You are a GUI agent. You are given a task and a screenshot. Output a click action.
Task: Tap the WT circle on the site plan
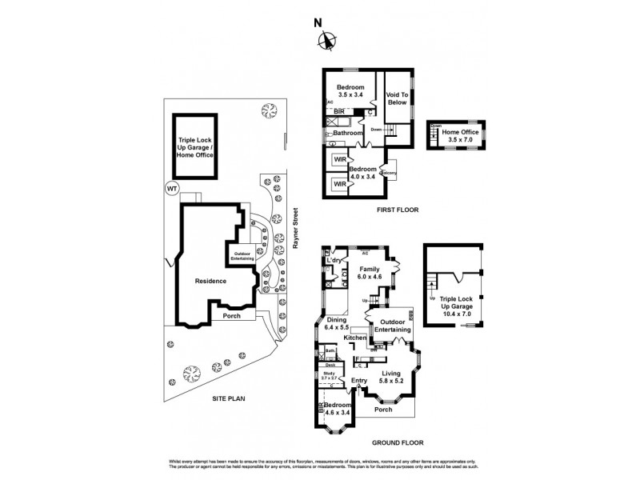(170, 188)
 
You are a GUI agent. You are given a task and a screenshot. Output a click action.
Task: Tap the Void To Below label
(397, 98)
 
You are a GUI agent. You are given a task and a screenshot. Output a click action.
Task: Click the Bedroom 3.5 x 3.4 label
(350, 90)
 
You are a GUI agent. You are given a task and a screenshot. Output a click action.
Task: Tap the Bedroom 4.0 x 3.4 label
(363, 173)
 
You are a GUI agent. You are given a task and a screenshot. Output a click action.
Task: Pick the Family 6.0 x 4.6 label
(370, 273)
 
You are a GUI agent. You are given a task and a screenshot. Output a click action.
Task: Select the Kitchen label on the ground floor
(354, 339)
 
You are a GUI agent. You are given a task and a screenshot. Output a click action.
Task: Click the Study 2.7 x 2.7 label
(328, 375)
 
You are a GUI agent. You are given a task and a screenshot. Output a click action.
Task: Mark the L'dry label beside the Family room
(334, 262)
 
